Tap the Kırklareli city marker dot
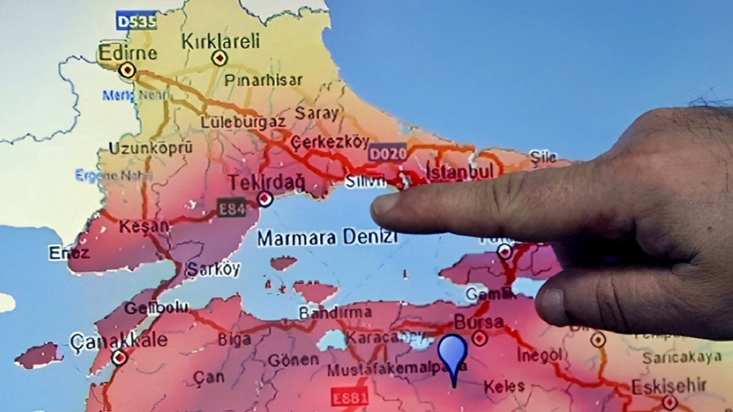pyautogui.click(x=219, y=58)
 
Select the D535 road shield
pyautogui.click(x=136, y=21)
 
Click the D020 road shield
pyautogui.click(x=387, y=153)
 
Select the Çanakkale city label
pyautogui.click(x=119, y=340)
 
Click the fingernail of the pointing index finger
pyautogui.click(x=385, y=204)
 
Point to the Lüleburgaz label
pyautogui.click(x=243, y=121)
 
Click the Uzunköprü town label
pyautogui.click(x=150, y=148)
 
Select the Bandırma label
pyautogui.click(x=334, y=312)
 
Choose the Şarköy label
pyautogui.click(x=213, y=269)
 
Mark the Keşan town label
pyautogui.click(x=144, y=226)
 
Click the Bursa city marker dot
pyautogui.click(x=480, y=338)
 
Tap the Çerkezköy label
pyautogui.click(x=330, y=142)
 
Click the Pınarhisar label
pyautogui.click(x=263, y=80)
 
